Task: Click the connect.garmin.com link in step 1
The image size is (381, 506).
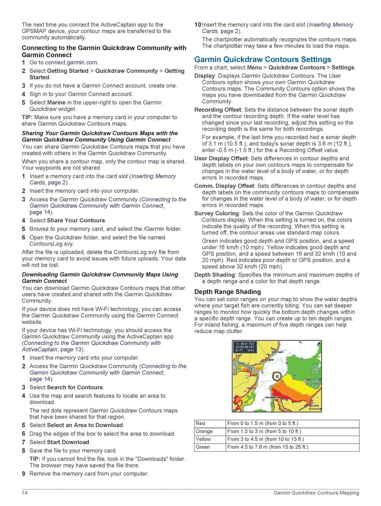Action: [71, 62]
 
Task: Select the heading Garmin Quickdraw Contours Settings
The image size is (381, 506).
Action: [262, 59]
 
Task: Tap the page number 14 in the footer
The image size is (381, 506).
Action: [25, 493]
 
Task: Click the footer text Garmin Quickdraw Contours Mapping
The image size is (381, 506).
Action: [316, 493]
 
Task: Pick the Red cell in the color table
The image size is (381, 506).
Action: [201, 423]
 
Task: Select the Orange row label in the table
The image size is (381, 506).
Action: [204, 431]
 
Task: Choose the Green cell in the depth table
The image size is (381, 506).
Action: [203, 447]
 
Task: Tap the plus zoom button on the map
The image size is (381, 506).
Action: [315, 369]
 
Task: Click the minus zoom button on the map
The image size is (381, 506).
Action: [315, 383]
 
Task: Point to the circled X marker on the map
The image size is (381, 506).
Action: [276, 376]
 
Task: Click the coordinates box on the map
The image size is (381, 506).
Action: [244, 347]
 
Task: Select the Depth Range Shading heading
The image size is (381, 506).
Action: [227, 292]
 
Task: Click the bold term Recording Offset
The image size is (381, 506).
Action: [218, 110]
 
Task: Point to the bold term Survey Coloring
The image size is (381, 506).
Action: [217, 213]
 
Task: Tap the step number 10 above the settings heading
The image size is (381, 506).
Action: [198, 25]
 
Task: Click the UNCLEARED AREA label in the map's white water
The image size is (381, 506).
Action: [273, 397]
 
